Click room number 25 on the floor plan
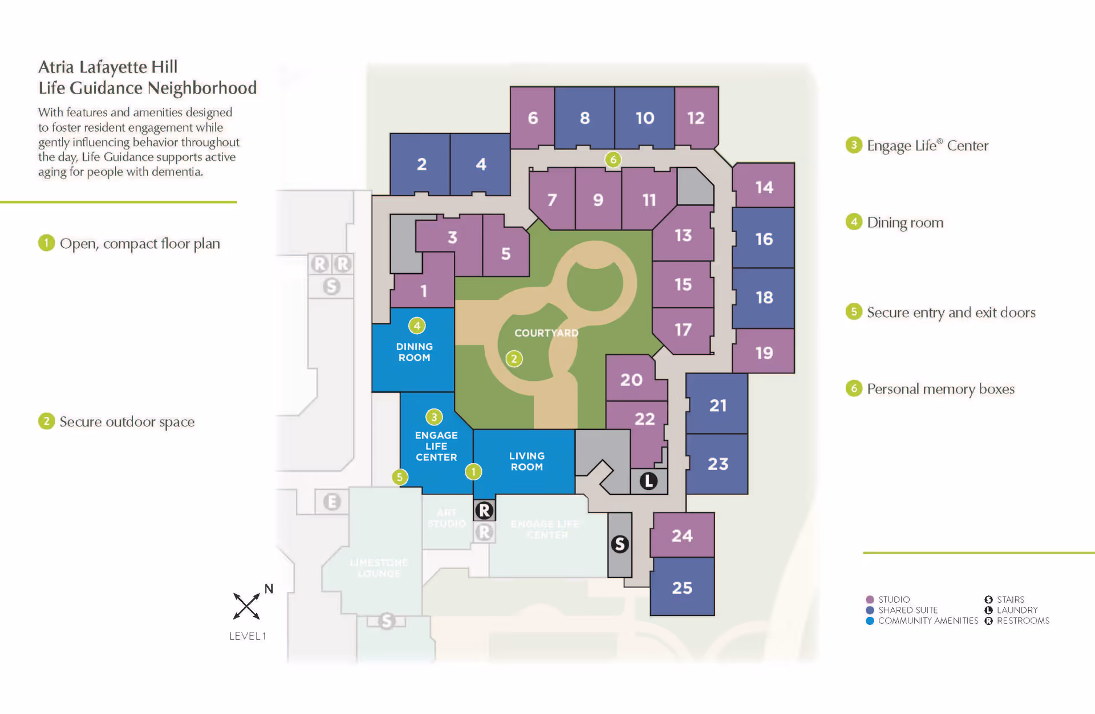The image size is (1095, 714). pos(682,587)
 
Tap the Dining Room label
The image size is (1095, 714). pos(415,352)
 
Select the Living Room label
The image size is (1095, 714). pos(527,461)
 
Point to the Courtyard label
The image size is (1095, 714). pos(546,333)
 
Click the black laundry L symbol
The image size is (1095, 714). pos(648,481)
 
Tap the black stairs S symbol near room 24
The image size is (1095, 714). pos(620,544)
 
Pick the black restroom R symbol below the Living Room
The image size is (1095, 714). pos(484,510)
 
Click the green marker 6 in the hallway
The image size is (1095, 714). pos(613,160)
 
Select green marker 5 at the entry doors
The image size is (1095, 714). pos(400,477)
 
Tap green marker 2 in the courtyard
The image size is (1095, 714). pos(514,359)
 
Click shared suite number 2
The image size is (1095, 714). pos(421,164)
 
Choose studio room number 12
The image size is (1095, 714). pos(696,118)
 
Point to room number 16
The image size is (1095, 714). pos(764,239)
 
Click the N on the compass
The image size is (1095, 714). pos(269,589)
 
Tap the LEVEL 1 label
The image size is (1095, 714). pos(248,636)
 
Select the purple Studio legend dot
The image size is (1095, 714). pos(870,599)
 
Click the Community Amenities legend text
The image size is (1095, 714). pos(928,620)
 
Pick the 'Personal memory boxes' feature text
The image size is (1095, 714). pos(940,389)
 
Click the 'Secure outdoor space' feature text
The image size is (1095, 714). pos(127,421)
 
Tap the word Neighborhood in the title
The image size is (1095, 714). pos(202,88)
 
